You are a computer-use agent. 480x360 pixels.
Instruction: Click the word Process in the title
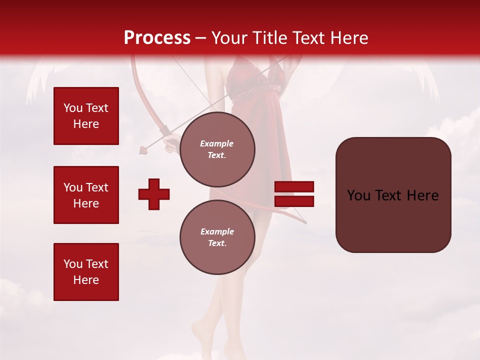pyautogui.click(x=157, y=38)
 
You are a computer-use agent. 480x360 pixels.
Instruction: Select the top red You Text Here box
pyautogui.click(x=86, y=116)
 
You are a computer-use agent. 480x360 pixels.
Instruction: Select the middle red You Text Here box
pyautogui.click(x=86, y=195)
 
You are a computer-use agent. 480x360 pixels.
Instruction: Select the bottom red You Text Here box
pyautogui.click(x=86, y=271)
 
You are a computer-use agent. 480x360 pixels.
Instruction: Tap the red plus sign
pyautogui.click(x=154, y=193)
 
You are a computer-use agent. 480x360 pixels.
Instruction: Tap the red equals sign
pyautogui.click(x=294, y=194)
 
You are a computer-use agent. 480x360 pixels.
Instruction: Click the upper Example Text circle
pyautogui.click(x=217, y=149)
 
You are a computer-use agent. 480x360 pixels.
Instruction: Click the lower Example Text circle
pyautogui.click(x=217, y=237)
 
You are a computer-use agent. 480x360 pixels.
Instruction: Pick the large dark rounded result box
pyautogui.click(x=393, y=194)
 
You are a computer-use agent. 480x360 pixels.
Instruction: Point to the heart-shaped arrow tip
pyautogui.click(x=143, y=148)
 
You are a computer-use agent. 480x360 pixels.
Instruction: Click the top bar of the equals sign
pyautogui.click(x=294, y=186)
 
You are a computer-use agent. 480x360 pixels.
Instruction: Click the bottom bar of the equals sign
pyautogui.click(x=294, y=201)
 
